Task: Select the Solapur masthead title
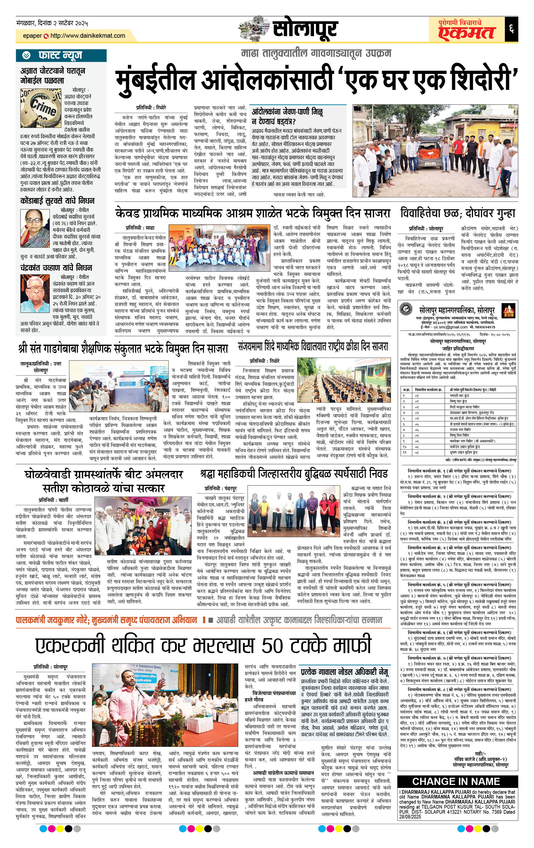[305, 29]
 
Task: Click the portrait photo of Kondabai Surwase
[35, 228]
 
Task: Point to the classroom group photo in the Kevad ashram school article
[218, 247]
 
